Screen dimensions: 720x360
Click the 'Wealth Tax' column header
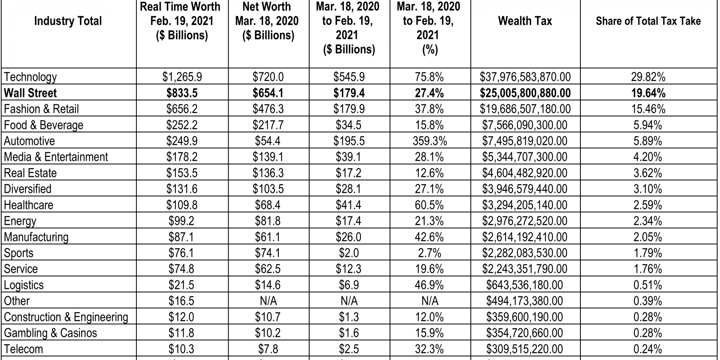click(525, 21)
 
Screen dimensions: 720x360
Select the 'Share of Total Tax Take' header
click(648, 21)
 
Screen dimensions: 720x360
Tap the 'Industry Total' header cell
click(68, 21)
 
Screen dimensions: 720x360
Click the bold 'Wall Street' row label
click(30, 93)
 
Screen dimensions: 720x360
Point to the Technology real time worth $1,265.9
click(182, 77)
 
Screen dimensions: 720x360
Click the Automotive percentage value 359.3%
click(430, 141)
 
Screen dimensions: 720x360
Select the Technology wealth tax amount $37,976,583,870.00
click(525, 77)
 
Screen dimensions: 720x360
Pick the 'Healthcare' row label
click(28, 205)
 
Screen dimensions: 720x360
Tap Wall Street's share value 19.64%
click(648, 93)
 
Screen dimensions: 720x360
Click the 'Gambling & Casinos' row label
click(50, 333)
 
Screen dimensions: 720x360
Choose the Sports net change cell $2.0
click(349, 253)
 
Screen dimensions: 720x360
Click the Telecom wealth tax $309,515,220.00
click(524, 349)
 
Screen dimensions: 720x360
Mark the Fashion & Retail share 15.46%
click(648, 109)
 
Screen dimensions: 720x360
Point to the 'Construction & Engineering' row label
click(66, 317)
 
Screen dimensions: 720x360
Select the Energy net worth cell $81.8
click(268, 221)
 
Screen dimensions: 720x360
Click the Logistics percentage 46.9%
click(429, 285)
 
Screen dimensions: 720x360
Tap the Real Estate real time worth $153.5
click(182, 173)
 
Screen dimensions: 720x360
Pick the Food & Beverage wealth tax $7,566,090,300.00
click(524, 125)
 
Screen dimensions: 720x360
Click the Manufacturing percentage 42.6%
click(429, 237)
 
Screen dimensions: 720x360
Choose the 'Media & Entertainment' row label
click(56, 157)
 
